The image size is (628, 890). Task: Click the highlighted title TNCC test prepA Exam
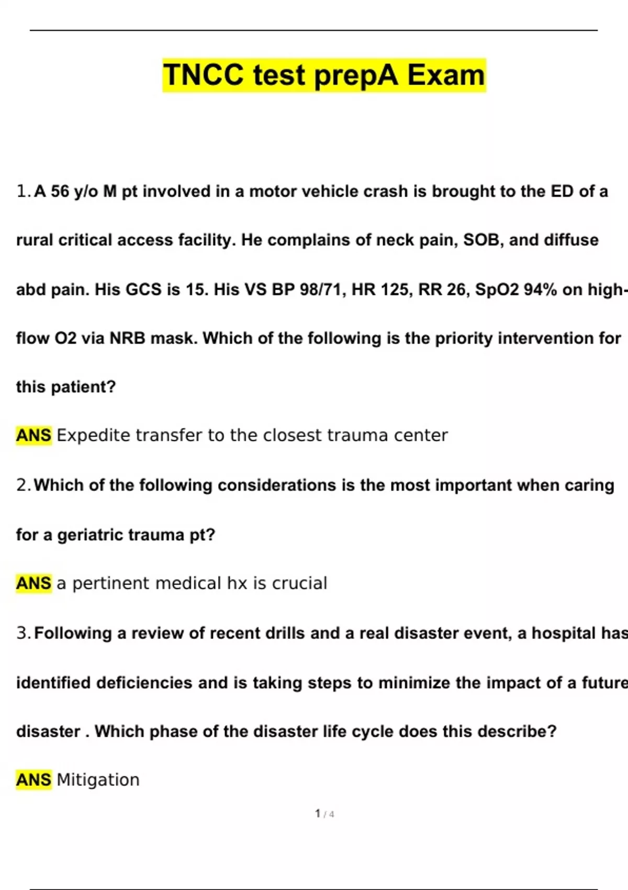coord(324,75)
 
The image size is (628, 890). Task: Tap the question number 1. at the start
coord(24,192)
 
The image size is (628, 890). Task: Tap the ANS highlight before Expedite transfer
coord(33,436)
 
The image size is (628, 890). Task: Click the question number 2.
coord(24,485)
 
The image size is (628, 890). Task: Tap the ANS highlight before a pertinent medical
coord(33,583)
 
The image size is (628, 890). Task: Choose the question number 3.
coord(24,633)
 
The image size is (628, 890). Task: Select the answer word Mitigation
coord(98,780)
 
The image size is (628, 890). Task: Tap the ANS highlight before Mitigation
coord(33,780)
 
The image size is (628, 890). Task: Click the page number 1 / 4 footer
coord(324,814)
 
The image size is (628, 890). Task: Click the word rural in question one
coord(35,240)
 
